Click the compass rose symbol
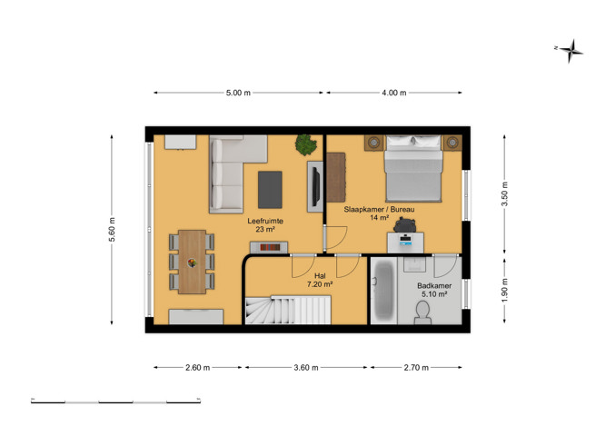[571, 51]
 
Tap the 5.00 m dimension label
[238, 93]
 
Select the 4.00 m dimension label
[394, 93]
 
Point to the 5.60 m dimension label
[112, 230]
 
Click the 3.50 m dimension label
[505, 194]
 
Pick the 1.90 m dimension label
[505, 290]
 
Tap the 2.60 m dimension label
[197, 368]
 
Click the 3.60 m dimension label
[306, 368]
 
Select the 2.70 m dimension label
[416, 368]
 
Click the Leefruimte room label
[265, 221]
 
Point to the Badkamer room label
[434, 286]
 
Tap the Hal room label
[320, 276]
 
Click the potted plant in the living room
[306, 144]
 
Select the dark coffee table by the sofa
[270, 190]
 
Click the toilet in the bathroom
[422, 312]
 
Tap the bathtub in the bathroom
[383, 291]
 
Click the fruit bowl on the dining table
[192, 263]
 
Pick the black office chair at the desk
[404, 224]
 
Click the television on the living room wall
[315, 186]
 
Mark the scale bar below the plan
[116, 401]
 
